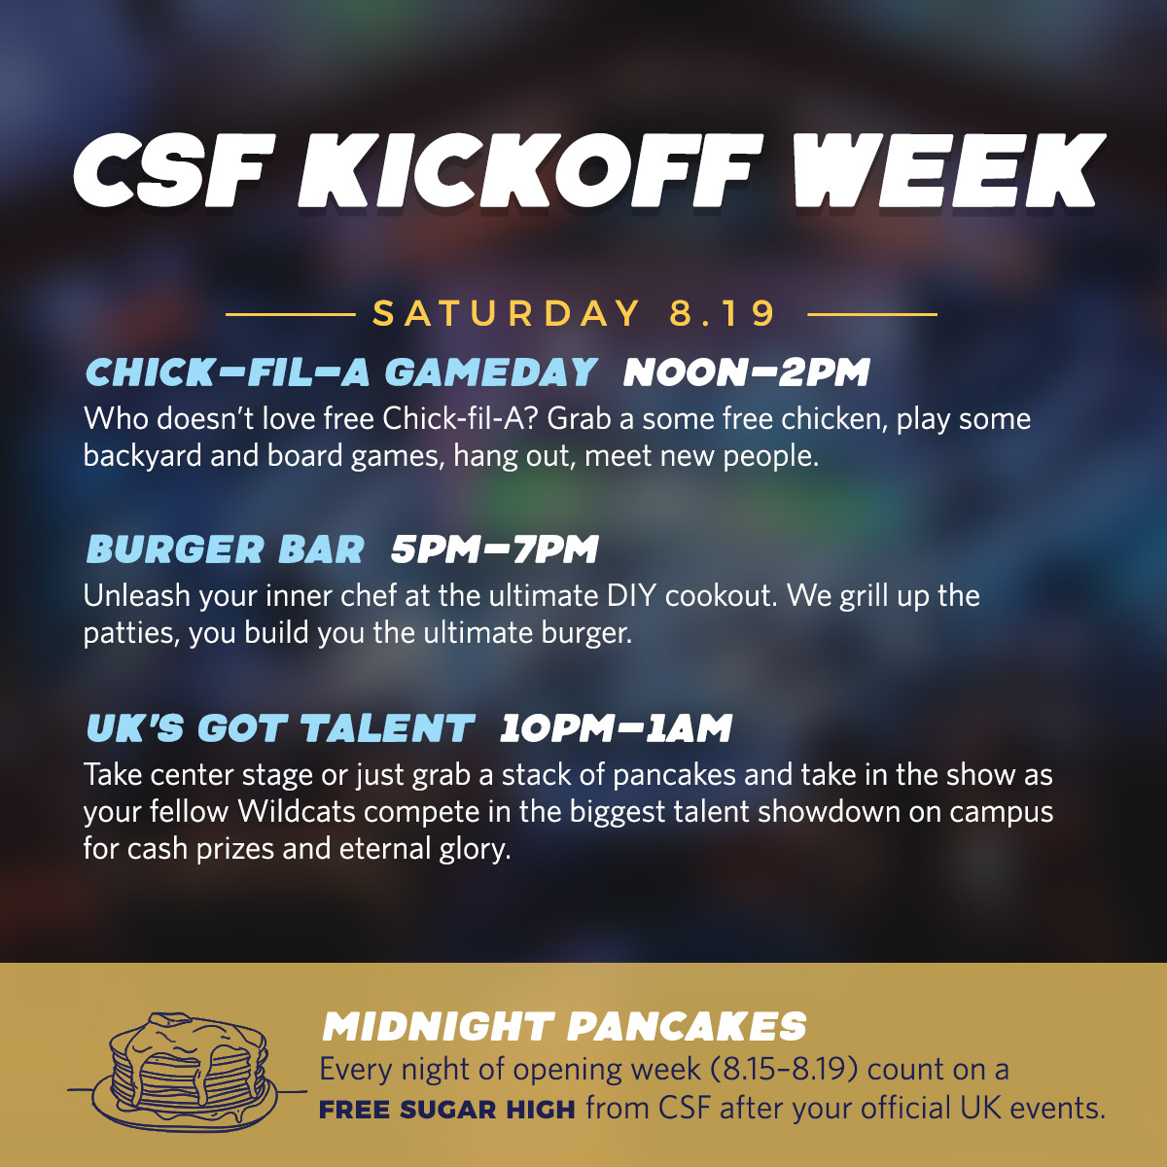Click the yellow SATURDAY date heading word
pos(507,313)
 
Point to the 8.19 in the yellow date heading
pos(722,313)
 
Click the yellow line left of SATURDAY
pos(290,314)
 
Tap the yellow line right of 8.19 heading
pos(872,314)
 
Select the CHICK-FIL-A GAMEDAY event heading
pos(341,371)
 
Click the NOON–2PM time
pos(747,371)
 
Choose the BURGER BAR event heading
pos(226,549)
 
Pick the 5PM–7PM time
pos(495,549)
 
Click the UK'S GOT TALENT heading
pos(280,727)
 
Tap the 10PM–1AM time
pos(616,727)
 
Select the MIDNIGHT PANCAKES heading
pos(564,1027)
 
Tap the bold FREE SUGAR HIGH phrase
pos(447,1110)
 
